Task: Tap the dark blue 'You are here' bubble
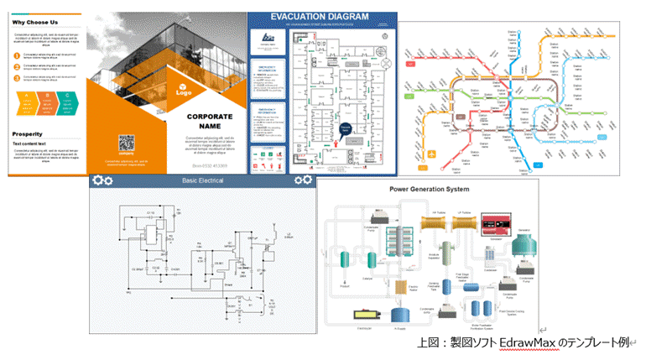(x=346, y=128)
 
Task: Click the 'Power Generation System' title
(x=429, y=189)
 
